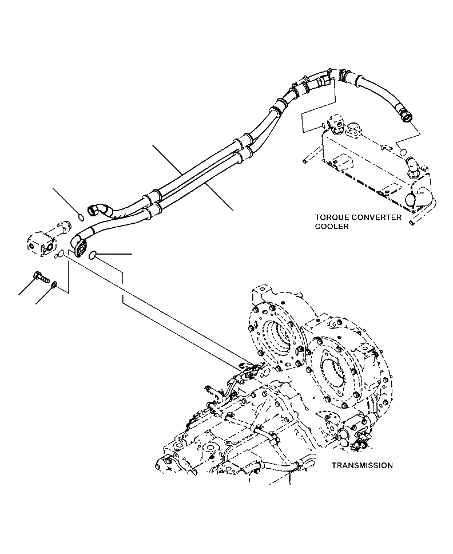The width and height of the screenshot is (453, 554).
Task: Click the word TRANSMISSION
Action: click(x=361, y=465)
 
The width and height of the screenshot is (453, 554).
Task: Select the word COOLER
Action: click(x=331, y=226)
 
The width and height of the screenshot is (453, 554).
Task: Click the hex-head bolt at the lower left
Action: click(x=40, y=275)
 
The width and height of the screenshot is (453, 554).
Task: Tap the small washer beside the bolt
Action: click(x=53, y=284)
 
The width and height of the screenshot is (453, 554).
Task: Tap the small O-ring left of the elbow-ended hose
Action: click(x=81, y=216)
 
